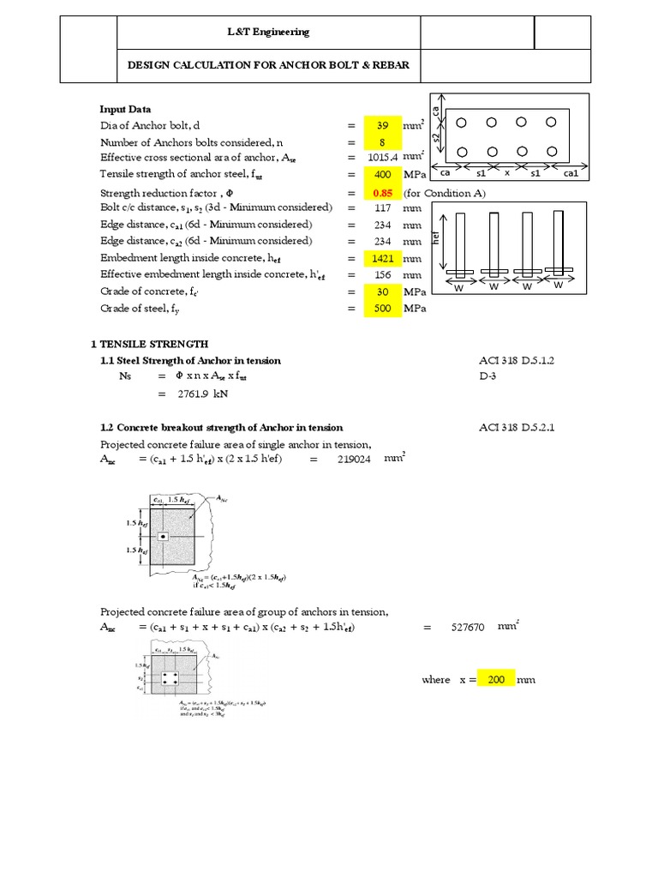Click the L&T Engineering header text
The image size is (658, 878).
[x=266, y=33]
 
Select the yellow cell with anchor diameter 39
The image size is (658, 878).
[x=382, y=126]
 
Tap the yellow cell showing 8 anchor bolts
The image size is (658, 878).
[x=382, y=142]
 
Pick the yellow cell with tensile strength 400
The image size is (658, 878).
[x=382, y=175]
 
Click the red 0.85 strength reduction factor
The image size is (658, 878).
[x=382, y=193]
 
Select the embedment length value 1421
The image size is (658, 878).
[x=382, y=258]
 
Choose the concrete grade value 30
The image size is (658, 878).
[x=382, y=292]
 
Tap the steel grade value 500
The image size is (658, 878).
[x=382, y=309]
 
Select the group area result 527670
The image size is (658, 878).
[x=467, y=628]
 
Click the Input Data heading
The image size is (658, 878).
[x=126, y=110]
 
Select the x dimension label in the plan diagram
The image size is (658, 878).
[x=506, y=172]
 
